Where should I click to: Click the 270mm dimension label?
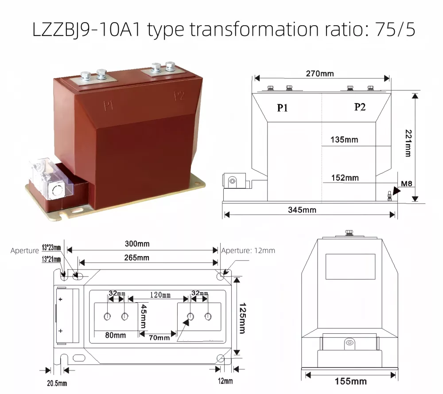click(319, 74)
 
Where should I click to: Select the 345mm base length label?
click(302, 210)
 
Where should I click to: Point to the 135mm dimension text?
click(344, 140)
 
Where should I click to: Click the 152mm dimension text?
click(345, 178)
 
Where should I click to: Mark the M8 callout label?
click(407, 183)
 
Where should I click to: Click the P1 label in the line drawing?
click(283, 108)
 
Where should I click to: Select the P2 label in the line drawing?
click(360, 107)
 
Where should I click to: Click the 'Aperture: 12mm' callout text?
click(248, 250)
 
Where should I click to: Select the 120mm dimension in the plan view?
click(160, 295)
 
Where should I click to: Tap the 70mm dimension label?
click(159, 338)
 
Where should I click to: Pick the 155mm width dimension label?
click(350, 382)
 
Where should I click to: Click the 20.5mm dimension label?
click(57, 383)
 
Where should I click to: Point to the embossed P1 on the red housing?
click(109, 105)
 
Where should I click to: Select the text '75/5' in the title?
click(395, 30)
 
